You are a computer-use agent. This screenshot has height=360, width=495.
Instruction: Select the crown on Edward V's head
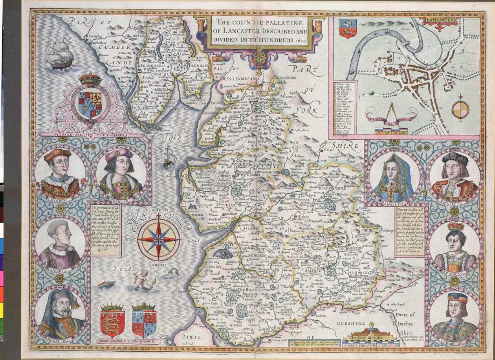455,226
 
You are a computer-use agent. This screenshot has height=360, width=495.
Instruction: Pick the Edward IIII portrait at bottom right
455,315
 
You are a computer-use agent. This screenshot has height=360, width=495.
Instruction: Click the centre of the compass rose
159,239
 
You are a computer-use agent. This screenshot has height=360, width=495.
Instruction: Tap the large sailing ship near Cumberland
59,54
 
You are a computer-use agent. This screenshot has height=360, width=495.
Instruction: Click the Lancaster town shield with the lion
348,29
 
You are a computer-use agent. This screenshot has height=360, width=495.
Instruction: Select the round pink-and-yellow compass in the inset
460,110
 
